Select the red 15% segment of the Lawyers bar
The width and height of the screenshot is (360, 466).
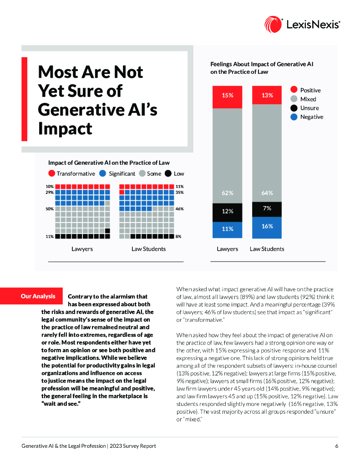(227, 96)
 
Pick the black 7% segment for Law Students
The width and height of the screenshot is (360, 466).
(267, 209)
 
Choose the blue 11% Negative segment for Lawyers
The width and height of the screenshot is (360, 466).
(227, 229)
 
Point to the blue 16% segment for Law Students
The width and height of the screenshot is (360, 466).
(267, 227)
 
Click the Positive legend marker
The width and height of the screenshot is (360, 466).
(294, 90)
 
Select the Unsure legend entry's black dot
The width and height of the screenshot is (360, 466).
(294, 108)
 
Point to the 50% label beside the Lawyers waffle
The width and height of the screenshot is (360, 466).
(49, 209)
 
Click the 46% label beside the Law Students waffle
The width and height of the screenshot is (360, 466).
(179, 209)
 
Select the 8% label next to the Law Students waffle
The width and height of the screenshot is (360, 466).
(178, 237)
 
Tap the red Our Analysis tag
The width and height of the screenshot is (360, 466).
(38, 296)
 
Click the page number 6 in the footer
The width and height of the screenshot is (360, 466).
(337, 446)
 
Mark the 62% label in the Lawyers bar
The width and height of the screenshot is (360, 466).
(227, 193)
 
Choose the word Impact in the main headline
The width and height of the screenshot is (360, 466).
(65, 128)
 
